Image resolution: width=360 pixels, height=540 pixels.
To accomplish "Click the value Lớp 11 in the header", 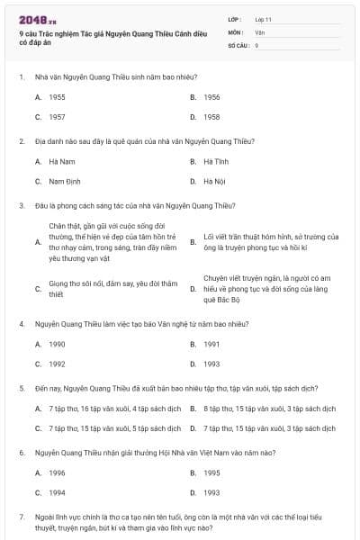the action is coord(264,18).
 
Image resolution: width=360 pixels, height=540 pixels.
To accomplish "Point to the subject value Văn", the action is coord(259,31).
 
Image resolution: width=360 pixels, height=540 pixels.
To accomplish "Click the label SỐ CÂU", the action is coord(238,45).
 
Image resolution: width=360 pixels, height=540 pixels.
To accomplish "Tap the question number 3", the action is coord(21,205).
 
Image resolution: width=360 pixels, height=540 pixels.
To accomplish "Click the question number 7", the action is coord(21,517).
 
